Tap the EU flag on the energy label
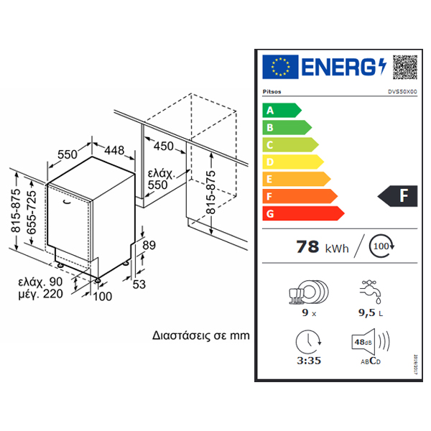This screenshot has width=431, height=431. coord(279,67)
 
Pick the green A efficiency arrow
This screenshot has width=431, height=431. coord(281,111)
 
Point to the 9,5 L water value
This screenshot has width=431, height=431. coord(369,313)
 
